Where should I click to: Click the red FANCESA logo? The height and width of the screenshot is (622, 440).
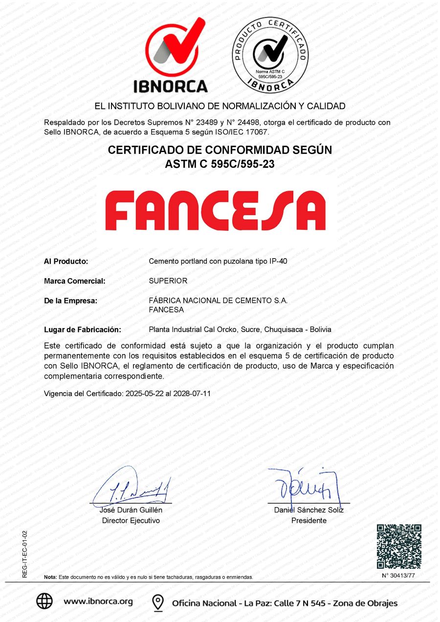coord(216,210)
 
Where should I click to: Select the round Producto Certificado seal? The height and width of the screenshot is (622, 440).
coord(270,53)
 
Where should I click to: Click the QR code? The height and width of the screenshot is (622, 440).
coord(399,546)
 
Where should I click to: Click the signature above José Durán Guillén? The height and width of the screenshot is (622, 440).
coord(131,486)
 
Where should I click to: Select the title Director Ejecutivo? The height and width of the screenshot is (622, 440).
coord(131,521)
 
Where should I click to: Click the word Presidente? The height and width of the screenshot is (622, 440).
coord(308,521)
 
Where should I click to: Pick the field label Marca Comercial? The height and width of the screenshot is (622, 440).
coord(75,281)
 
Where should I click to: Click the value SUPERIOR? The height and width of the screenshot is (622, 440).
coord(168,281)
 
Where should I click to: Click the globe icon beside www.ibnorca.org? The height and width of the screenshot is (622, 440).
coord(44,601)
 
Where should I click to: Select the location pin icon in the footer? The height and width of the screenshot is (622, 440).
coord(158,602)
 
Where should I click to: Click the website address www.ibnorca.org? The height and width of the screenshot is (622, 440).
coord(98,601)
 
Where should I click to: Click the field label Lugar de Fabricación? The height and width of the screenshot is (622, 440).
coord(83,330)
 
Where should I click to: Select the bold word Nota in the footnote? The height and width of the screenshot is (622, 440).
coord(50,578)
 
